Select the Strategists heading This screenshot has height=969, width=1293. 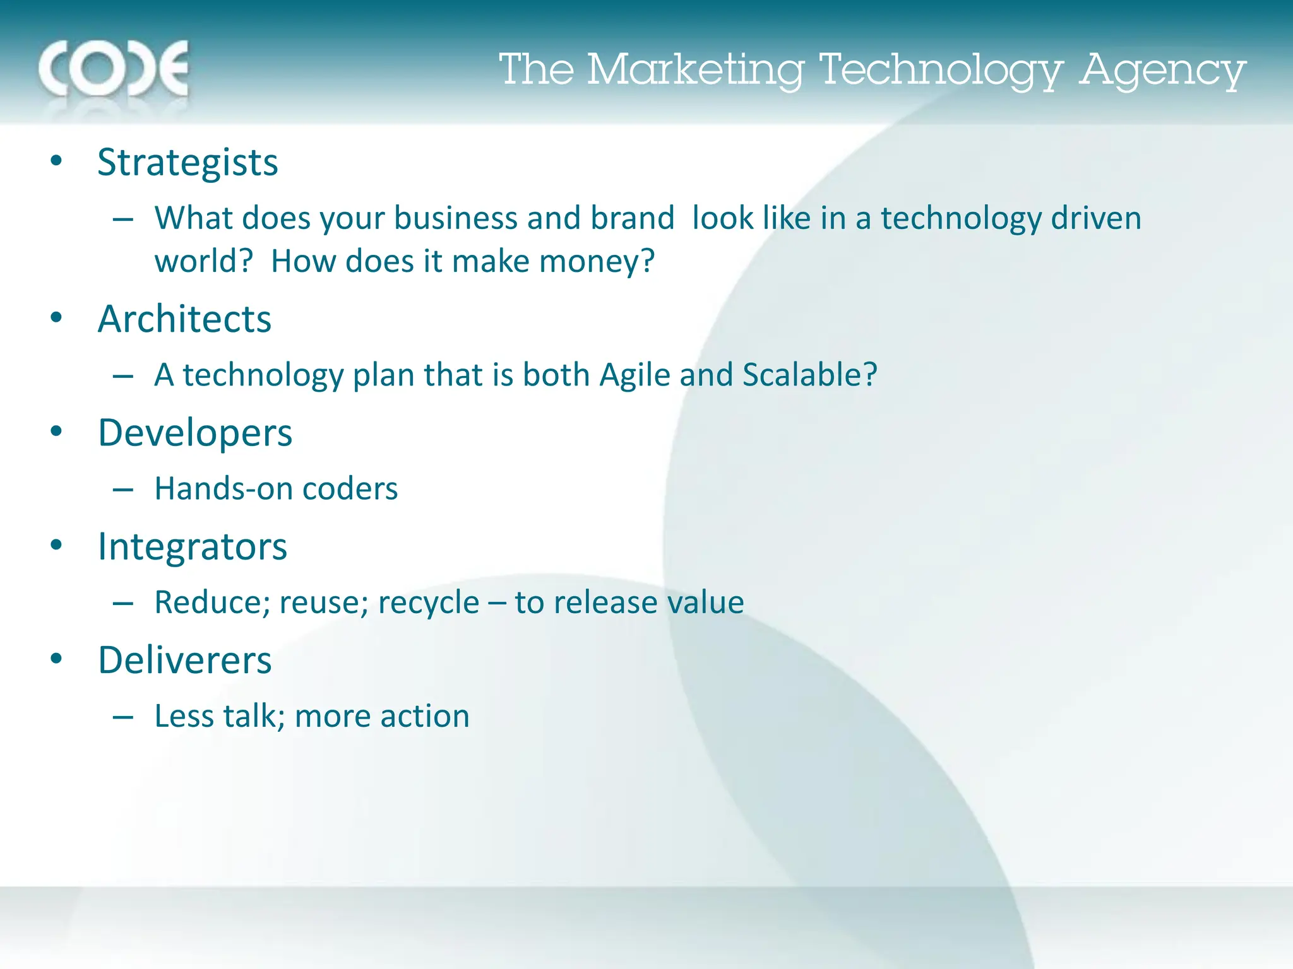188,163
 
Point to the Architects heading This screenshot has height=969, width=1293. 184,319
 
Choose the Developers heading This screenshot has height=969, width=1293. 195,433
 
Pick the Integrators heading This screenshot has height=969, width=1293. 193,547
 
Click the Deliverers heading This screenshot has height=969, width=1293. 184,661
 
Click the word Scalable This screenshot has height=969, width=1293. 809,375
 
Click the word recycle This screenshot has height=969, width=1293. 429,603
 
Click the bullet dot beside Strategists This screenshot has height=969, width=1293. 57,160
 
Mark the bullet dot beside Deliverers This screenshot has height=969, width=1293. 57,659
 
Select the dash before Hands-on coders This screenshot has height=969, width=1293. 122,490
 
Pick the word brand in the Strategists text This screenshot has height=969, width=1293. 632,218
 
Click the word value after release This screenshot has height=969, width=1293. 706,602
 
